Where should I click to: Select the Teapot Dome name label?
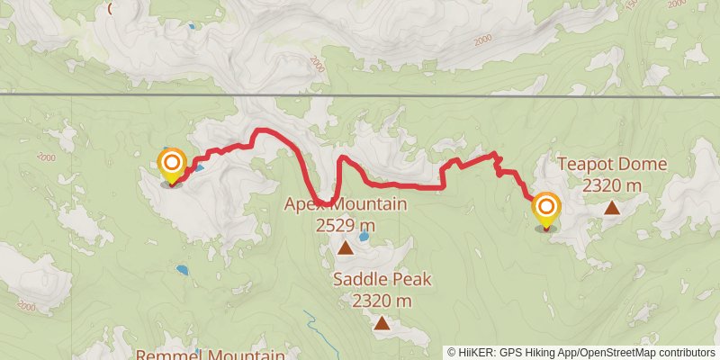[x=612, y=164]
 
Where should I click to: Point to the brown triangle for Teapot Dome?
[x=612, y=208]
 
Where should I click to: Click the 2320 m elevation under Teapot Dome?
[x=612, y=185]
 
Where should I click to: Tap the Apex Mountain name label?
[x=346, y=204]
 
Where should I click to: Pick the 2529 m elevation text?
[x=346, y=226]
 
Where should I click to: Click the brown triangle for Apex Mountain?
[x=345, y=247]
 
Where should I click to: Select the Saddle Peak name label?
[x=382, y=279]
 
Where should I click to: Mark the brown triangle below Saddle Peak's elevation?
[x=382, y=322]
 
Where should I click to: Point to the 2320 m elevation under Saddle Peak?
[x=382, y=301]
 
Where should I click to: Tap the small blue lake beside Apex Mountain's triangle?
[x=364, y=238]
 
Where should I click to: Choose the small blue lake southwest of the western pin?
[x=183, y=269]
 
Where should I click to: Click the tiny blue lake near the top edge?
[x=191, y=26]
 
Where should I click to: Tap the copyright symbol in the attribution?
[x=452, y=352]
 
